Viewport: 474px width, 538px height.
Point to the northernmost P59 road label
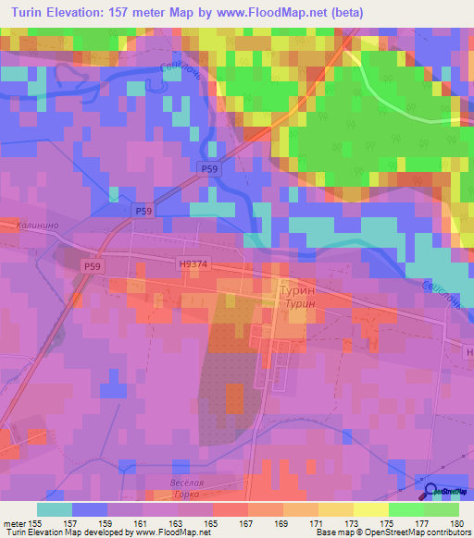pos(209,167)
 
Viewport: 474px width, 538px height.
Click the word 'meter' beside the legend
pos(13,521)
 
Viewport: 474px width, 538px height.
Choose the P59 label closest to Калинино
pos(92,266)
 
